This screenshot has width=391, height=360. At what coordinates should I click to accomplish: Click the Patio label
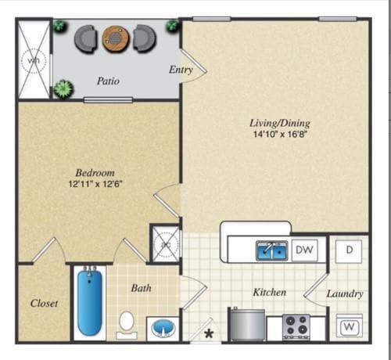pos(108,80)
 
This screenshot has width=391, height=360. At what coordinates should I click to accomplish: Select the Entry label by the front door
pos(181,70)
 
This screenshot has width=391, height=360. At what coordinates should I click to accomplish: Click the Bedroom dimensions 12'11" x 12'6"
pos(95,184)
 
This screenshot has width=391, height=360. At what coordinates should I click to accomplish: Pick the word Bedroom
pos(95,172)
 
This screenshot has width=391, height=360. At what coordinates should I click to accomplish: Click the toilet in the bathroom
pos(127,323)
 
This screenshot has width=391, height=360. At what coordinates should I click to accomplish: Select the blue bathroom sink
pos(162,326)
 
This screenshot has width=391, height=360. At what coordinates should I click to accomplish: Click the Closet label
pos(44,303)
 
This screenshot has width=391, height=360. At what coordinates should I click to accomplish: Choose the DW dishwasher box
pos(305,250)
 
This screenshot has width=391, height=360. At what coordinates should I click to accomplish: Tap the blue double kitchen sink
pos(272,250)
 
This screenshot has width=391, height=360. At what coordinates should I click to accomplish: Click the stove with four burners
pos(296,326)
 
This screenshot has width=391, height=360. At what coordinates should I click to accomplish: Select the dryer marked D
pos(348,250)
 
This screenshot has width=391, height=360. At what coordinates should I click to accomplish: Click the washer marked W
pos(348,325)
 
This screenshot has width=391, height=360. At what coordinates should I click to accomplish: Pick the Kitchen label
pos(268,292)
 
